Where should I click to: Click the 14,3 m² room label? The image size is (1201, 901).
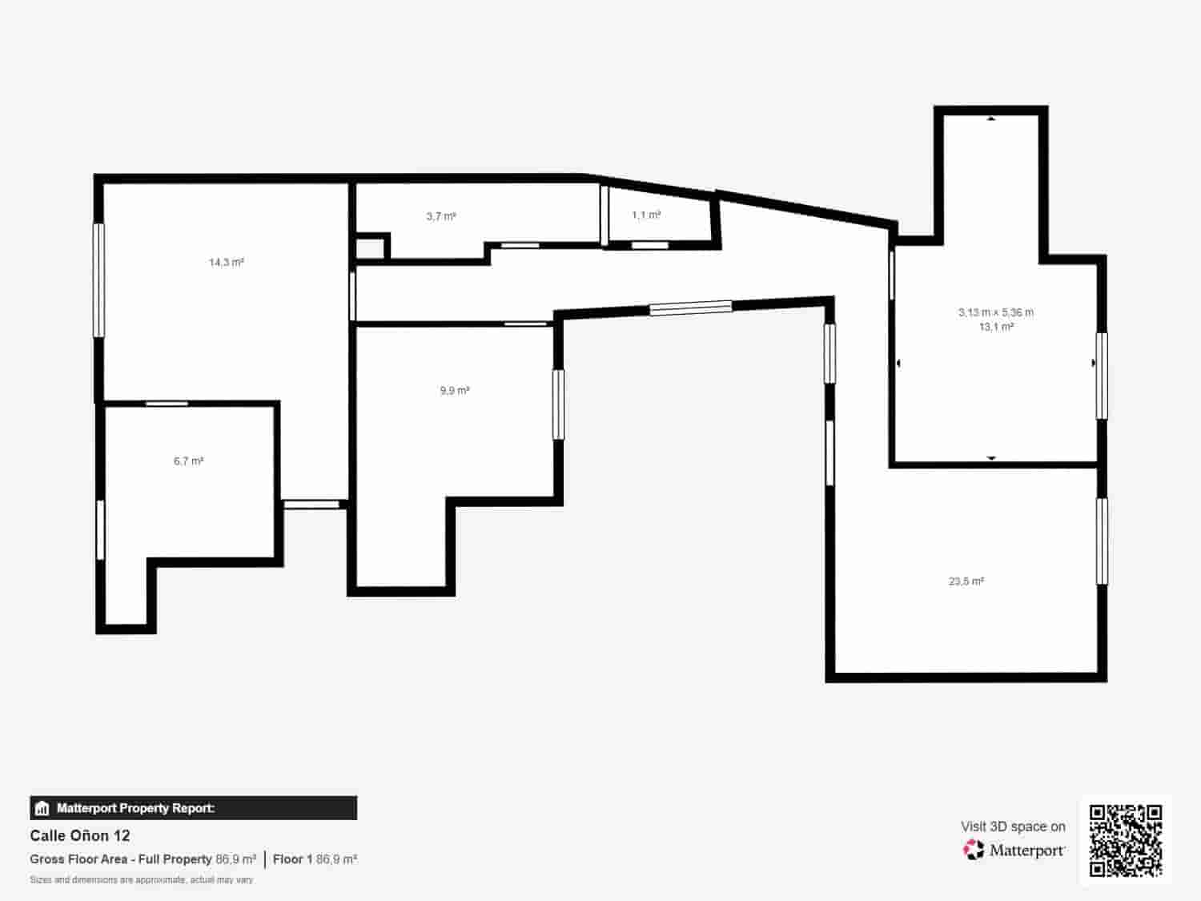click(x=227, y=262)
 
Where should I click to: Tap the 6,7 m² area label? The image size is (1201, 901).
click(x=188, y=461)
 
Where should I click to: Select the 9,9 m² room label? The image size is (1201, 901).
click(x=454, y=391)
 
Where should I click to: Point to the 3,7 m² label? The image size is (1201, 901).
click(x=441, y=216)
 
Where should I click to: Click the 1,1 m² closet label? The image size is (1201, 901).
click(x=646, y=215)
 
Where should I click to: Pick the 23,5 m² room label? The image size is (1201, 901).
click(x=966, y=581)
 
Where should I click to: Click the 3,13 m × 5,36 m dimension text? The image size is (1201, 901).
click(x=996, y=312)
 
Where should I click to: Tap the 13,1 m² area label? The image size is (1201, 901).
click(x=997, y=327)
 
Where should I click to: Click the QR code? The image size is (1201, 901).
click(x=1125, y=840)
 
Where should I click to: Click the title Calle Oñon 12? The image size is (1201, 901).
click(x=80, y=836)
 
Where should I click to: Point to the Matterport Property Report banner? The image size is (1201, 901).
click(x=193, y=808)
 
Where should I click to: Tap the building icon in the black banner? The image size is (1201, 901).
click(x=42, y=808)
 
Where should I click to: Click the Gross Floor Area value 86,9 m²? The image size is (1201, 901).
click(x=235, y=859)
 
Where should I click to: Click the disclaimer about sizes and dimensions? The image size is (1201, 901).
click(x=142, y=879)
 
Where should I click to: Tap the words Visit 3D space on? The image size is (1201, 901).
click(x=1013, y=827)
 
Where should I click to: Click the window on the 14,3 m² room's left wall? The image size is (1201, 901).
click(x=99, y=280)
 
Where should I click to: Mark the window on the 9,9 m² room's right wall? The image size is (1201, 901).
click(x=558, y=404)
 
